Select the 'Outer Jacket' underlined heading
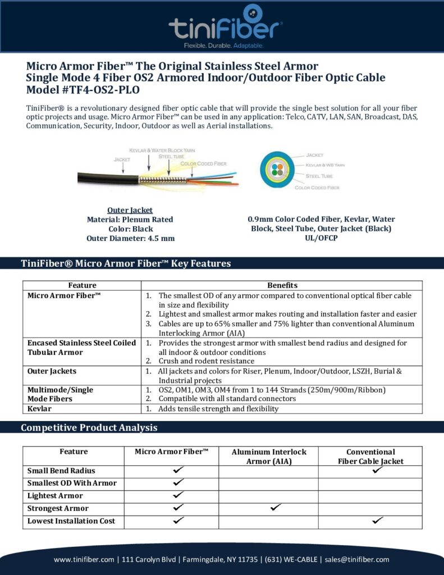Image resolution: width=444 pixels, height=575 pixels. click(x=130, y=210)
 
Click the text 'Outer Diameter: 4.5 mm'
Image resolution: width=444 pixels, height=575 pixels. click(x=130, y=238)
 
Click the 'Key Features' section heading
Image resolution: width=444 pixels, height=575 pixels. click(x=126, y=263)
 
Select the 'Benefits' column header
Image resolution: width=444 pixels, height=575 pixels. click(x=282, y=285)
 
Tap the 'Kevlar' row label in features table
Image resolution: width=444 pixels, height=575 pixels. click(x=40, y=409)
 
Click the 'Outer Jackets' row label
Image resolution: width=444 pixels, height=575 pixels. click(x=52, y=371)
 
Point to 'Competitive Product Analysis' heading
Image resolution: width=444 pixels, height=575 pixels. click(x=89, y=427)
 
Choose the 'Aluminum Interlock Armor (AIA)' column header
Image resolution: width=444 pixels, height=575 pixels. click(x=269, y=456)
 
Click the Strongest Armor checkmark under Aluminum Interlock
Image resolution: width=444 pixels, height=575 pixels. click(x=275, y=508)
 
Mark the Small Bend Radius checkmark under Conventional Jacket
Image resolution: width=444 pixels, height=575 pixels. click(x=377, y=470)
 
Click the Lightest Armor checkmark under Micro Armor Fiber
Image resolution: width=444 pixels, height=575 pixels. click(x=178, y=495)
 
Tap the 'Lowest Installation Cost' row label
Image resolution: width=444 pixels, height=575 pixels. click(x=71, y=521)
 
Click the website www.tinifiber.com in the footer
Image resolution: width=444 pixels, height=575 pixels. click(x=84, y=559)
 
